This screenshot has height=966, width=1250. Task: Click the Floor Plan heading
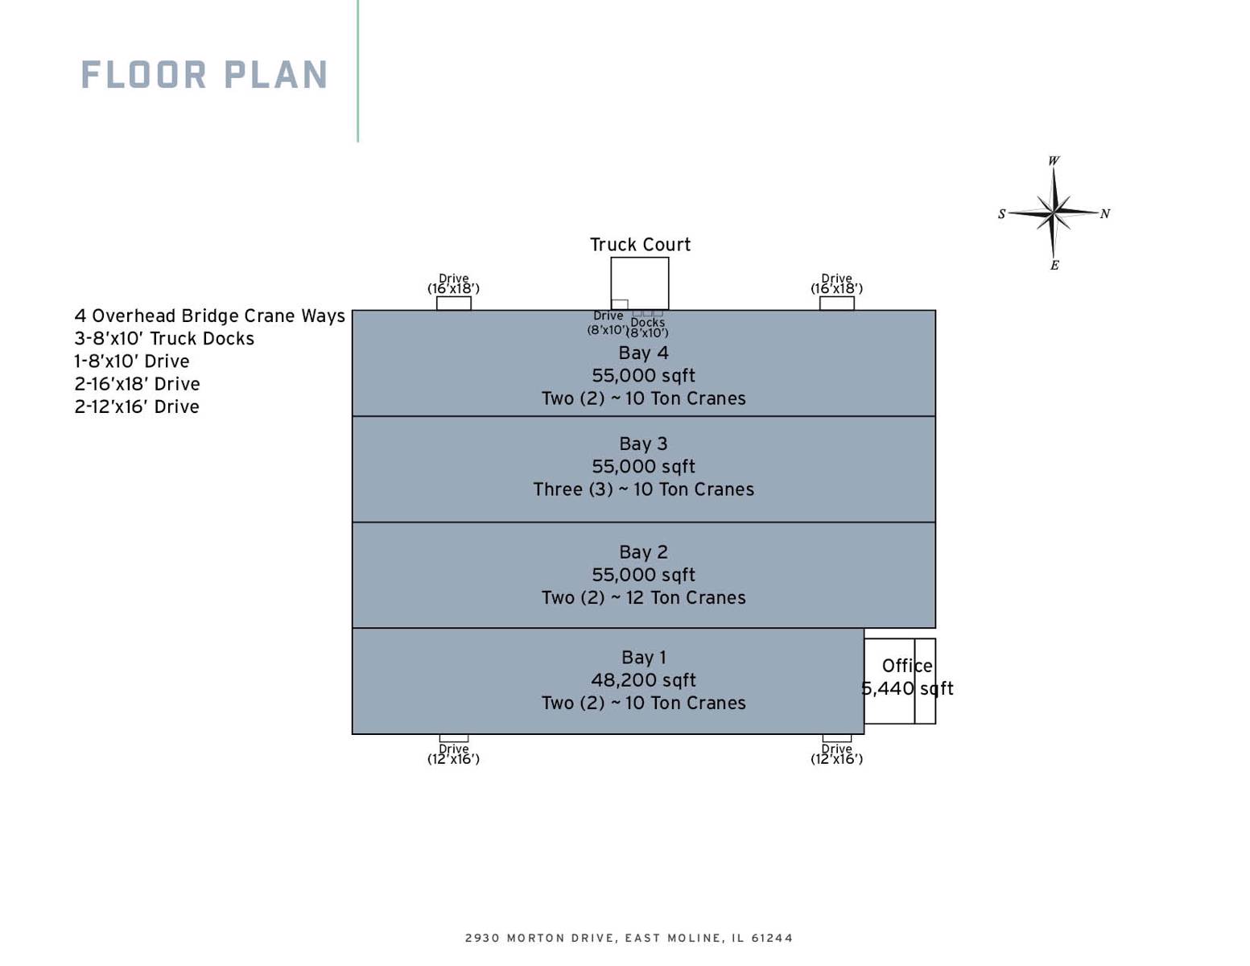tap(204, 75)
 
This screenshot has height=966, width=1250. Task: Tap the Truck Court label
tap(640, 245)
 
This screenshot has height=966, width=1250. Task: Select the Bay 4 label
tap(643, 353)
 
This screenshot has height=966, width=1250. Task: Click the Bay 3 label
tap(643, 444)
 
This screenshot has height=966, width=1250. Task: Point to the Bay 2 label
tap(643, 551)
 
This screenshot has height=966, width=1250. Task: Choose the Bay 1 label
tap(643, 657)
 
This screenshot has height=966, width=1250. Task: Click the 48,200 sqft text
tap(643, 680)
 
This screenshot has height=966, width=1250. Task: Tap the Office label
tap(907, 666)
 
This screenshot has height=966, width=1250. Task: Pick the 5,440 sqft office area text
tap(907, 689)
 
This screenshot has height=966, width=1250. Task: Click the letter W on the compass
tap(1054, 161)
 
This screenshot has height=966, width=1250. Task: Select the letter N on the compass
tap(1104, 214)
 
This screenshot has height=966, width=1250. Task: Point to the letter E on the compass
tap(1054, 265)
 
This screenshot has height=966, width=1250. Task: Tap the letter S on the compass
tap(1001, 214)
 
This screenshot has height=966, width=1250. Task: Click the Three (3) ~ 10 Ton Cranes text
tap(643, 489)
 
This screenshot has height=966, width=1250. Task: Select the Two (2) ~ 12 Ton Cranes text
tap(643, 597)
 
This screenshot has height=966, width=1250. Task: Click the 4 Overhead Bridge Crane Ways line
tap(209, 316)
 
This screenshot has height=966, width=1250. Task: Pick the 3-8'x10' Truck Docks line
tap(164, 338)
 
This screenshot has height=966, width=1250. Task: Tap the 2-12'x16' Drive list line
tap(137, 407)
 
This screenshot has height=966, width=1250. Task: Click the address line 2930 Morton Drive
tap(629, 938)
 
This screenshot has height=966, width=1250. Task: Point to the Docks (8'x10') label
tap(647, 328)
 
